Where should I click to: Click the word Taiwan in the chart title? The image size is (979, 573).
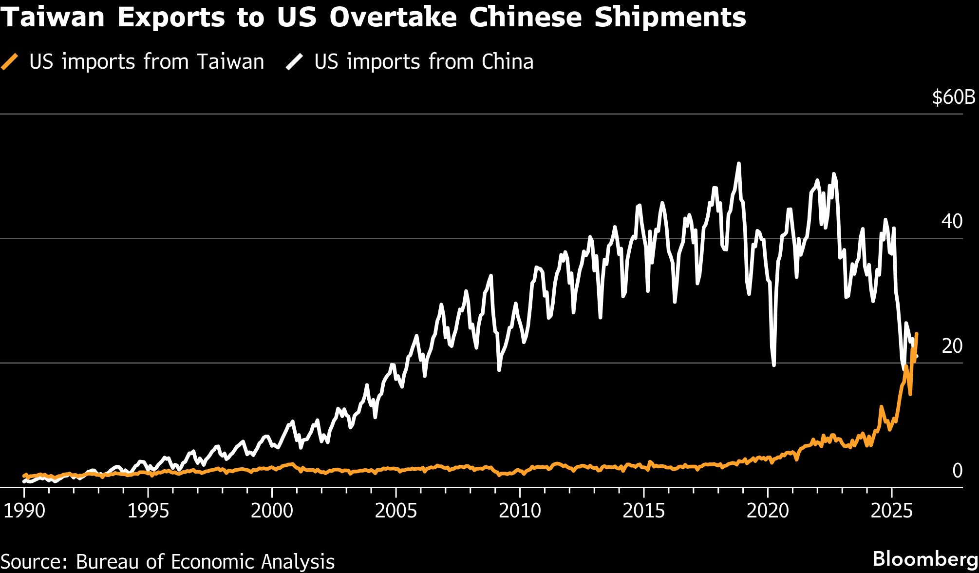coord(53,18)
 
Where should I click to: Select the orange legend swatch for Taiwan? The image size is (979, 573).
coord(10,62)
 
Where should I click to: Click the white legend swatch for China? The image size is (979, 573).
coord(295,62)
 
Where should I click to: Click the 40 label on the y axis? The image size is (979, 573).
coord(952,222)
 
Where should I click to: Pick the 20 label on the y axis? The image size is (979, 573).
coord(952,346)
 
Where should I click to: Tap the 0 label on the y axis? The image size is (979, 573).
coord(957,471)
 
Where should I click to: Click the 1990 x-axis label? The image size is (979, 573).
coord(24,511)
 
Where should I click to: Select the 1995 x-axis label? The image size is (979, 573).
coord(148,511)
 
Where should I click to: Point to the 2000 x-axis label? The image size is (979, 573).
coord(272,511)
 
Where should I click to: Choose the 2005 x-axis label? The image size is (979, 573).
coord(396,511)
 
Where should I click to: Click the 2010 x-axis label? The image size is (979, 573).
coord(520,511)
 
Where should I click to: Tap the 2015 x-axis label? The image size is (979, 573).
coord(644,511)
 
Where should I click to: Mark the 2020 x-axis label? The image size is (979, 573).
coord(768,511)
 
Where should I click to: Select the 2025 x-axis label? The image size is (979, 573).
coord(891,511)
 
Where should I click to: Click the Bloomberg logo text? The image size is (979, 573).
coord(925,559)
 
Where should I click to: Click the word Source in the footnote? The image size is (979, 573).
coord(34,562)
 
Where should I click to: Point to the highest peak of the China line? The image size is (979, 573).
coord(739,164)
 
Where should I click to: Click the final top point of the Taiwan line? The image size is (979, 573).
coord(917,334)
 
